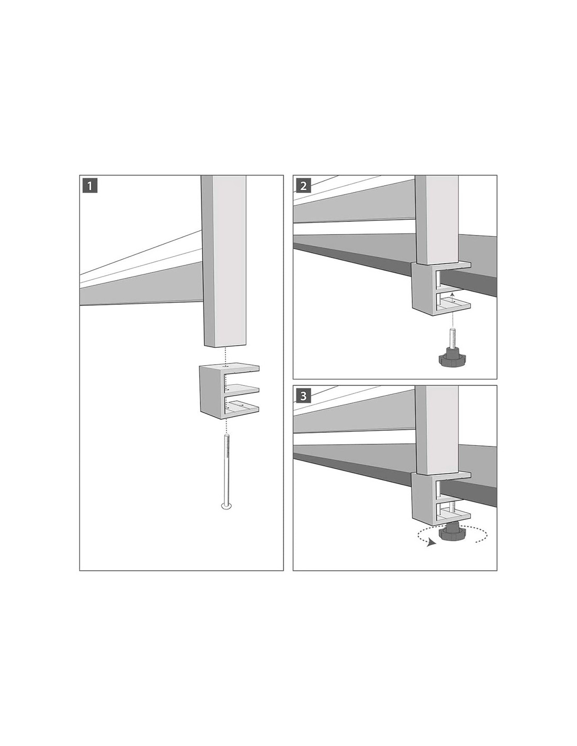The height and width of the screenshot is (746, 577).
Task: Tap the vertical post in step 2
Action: pyautogui.click(x=437, y=220)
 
